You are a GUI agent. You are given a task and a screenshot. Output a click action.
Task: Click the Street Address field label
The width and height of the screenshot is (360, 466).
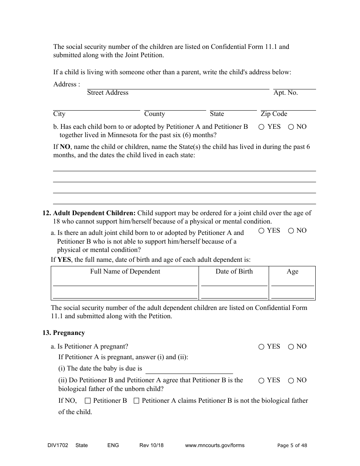coord(108,93)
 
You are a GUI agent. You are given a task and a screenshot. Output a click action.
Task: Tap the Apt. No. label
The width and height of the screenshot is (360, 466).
coord(285,93)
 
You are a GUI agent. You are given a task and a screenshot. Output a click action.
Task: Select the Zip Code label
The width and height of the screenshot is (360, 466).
coord(274,114)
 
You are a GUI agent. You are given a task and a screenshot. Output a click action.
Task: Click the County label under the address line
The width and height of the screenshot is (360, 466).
coord(154,114)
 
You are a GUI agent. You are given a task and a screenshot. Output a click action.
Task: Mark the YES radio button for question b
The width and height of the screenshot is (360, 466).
coord(261,127)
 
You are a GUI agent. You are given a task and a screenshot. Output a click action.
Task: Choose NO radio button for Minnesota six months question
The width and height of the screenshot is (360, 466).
coord(291,127)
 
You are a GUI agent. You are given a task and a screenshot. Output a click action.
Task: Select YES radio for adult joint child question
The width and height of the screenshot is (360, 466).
coord(261,231)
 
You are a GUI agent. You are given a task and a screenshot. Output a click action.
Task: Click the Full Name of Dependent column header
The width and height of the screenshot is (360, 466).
coord(125,272)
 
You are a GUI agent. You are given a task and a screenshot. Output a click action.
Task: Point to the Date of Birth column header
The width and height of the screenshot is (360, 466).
coord(234,272)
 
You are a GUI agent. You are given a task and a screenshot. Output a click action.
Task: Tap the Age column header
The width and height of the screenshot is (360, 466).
coord(292,272)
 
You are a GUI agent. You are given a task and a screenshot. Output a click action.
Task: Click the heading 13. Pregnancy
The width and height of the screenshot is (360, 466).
coord(64,333)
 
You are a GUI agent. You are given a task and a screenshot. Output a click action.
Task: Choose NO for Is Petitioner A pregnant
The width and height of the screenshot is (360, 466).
coord(291,347)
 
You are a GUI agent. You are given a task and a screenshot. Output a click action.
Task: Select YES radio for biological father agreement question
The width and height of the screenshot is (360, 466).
coord(261,381)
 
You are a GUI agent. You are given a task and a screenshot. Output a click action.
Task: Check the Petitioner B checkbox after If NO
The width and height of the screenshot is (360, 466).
coord(88,401)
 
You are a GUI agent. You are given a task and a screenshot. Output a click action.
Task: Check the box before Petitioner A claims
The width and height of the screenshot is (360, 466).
coord(136,401)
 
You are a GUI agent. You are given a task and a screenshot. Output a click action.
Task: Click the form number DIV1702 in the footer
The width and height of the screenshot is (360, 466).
coord(55,446)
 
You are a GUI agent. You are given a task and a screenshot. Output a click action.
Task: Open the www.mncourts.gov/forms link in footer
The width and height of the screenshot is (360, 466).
coord(214,446)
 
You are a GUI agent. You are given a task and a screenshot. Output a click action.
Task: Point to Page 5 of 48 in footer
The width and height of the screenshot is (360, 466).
coord(292,446)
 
